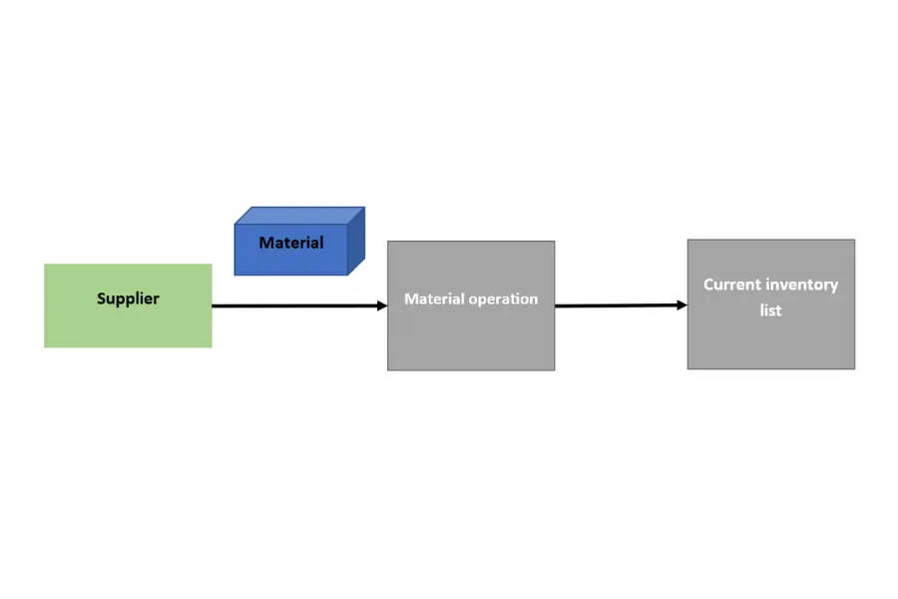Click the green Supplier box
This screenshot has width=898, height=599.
[128, 305]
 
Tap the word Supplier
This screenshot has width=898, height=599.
[128, 299]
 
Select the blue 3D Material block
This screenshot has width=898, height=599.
[299, 241]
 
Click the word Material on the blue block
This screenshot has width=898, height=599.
[291, 243]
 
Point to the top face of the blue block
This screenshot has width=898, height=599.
[299, 216]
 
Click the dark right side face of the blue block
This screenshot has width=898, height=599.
[356, 241]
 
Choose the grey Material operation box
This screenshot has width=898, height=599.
[471, 305]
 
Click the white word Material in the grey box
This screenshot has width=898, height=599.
[434, 299]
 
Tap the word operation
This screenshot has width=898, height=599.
[504, 299]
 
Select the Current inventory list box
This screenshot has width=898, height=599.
[771, 304]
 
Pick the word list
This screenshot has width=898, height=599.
[770, 310]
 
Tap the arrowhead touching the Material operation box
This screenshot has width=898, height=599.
[382, 305]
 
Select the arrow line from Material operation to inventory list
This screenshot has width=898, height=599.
[622, 305]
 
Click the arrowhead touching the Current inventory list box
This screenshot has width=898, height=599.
[682, 304]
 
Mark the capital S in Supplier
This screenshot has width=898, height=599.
[102, 299]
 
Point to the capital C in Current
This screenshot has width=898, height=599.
[709, 285]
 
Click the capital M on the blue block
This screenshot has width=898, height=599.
[265, 243]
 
